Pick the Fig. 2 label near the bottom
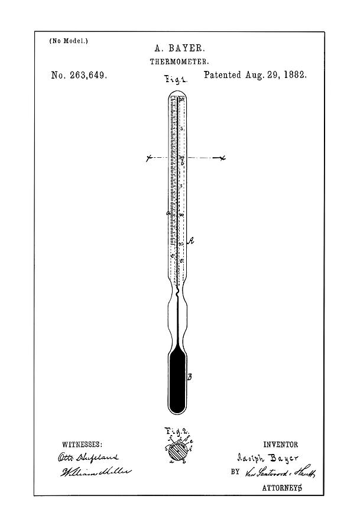(177, 432)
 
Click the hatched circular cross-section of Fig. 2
(177, 451)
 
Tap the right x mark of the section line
(223, 158)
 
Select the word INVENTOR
(281, 445)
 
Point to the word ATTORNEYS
(283, 488)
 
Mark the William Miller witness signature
(95, 473)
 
